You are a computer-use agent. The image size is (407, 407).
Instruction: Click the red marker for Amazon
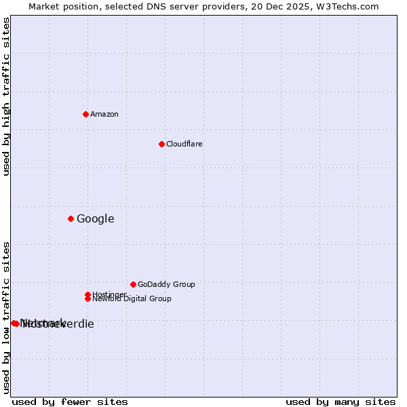pos(85,114)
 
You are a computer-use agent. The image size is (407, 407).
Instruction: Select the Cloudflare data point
pos(161,144)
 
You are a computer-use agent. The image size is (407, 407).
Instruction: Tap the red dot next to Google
pos(71,218)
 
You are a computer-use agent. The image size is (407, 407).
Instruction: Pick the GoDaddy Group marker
pos(133,284)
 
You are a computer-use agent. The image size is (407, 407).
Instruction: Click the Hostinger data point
pos(88,294)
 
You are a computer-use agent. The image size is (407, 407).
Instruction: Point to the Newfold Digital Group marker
pos(88,299)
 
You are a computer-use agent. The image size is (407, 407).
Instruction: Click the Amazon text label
pos(104,114)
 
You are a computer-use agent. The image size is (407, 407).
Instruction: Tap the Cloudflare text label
pos(185,144)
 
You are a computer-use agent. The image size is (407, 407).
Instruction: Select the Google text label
pos(96,218)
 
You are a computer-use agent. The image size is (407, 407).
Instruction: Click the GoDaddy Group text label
pos(166,284)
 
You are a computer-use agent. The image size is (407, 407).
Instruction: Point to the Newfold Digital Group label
pos(132,299)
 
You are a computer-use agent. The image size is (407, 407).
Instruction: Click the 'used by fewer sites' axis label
pos(70,402)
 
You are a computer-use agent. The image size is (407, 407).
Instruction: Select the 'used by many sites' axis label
pos(341,402)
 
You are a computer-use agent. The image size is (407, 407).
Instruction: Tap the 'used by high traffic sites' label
pos(6,96)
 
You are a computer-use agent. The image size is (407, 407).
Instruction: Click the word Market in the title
pos(44,6)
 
